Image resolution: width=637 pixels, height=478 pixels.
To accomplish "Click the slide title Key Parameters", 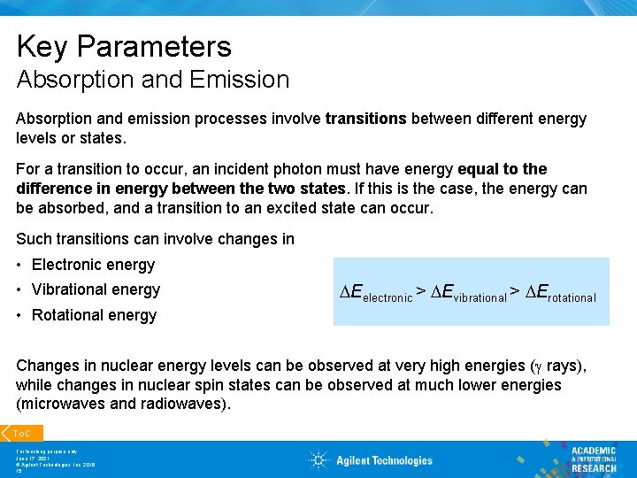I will pyautogui.click(x=123, y=47).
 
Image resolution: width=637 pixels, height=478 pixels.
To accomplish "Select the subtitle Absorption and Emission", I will pyautogui.click(x=152, y=80).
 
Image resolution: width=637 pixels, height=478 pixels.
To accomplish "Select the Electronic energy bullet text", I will pyautogui.click(x=93, y=265).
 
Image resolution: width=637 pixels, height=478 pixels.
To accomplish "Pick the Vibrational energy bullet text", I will pyautogui.click(x=96, y=289).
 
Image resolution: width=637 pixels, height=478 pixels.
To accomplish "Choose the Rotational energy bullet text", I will pyautogui.click(x=94, y=315).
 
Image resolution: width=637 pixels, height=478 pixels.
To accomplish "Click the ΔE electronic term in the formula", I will pyautogui.click(x=376, y=293).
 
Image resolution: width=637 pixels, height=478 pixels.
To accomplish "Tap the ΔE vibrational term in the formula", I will pyautogui.click(x=468, y=293).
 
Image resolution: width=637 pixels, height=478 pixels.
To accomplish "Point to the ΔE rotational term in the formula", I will pyautogui.click(x=561, y=293).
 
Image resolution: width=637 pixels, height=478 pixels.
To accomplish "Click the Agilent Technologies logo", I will pyautogui.click(x=371, y=459).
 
